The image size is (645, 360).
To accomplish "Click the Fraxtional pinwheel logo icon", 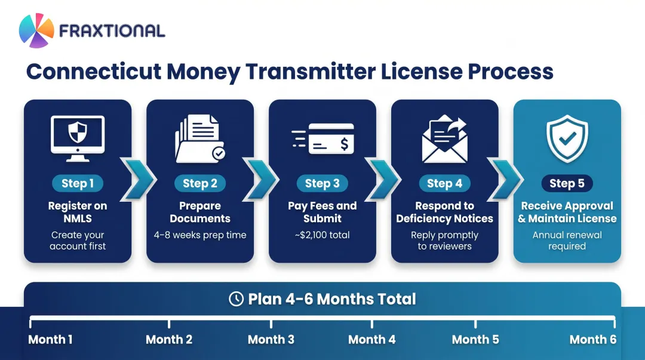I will [36, 30].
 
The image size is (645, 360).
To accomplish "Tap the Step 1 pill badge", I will [78, 183].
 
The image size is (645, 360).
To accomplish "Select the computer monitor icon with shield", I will [78, 137].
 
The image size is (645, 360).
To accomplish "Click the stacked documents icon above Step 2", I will [199, 139].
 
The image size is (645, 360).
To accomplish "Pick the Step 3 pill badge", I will [322, 183].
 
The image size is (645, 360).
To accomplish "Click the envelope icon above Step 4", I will [445, 139].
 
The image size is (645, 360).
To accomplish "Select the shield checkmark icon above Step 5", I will [567, 139].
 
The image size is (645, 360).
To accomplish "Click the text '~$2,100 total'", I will [322, 235].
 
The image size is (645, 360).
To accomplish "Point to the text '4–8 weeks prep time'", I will [200, 235].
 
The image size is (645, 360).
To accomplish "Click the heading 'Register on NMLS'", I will [78, 212].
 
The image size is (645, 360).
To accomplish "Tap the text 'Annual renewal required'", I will [567, 240].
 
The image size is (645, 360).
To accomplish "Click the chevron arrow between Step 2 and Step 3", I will [261, 177].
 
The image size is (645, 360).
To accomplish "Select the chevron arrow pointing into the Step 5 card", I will [506, 177].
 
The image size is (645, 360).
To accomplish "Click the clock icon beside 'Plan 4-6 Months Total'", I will [236, 299].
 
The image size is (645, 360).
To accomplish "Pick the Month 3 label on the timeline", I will [271, 340].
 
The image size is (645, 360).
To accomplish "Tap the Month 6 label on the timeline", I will [592, 340].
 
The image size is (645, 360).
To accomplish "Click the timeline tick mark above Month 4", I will [372, 323].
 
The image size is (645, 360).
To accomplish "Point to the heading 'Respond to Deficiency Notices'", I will [445, 212].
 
